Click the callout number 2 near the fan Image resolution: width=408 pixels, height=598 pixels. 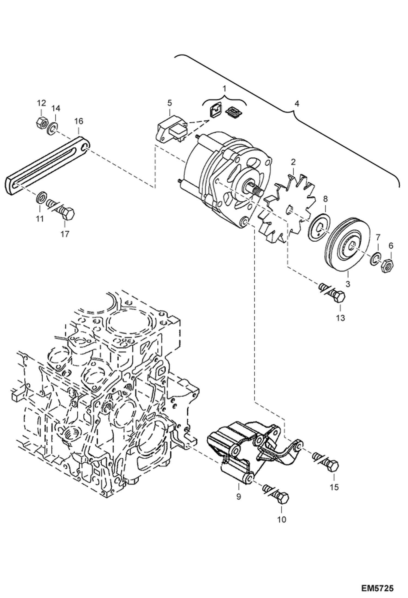coord(293,162)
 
